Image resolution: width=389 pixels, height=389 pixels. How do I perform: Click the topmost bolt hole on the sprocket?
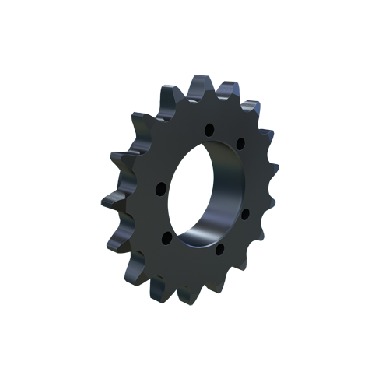pos(209,129)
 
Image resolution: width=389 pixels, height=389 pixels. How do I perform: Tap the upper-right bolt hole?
pos(240,142)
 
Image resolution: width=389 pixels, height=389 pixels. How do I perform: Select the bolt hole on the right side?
pos(246,211)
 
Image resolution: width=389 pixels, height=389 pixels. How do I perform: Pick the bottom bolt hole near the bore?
pos(219,249)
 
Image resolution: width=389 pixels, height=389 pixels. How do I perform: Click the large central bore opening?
pos(204,191)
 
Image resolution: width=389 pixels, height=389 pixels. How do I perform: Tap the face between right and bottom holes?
pos(237,237)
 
